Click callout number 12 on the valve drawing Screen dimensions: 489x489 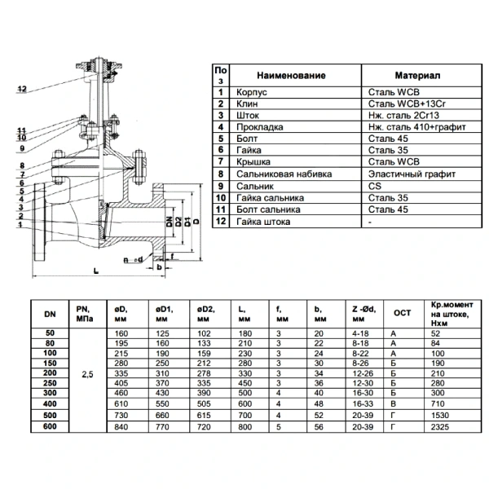pyautogui.click(x=22, y=89)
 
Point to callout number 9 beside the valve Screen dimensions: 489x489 pyautogui.click(x=22, y=148)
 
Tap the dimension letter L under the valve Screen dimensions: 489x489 pyautogui.click(x=96, y=271)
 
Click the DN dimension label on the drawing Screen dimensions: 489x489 pyautogui.click(x=170, y=222)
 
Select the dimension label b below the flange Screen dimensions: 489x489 pyautogui.click(x=160, y=267)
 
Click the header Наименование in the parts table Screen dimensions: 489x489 pyautogui.click(x=291, y=76)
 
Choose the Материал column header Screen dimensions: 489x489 pyautogui.click(x=417, y=76)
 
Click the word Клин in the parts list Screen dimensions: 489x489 pyautogui.click(x=247, y=104)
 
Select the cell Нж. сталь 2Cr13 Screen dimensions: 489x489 pyautogui.click(x=403, y=116)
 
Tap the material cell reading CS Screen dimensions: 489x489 pyautogui.click(x=375, y=186)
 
